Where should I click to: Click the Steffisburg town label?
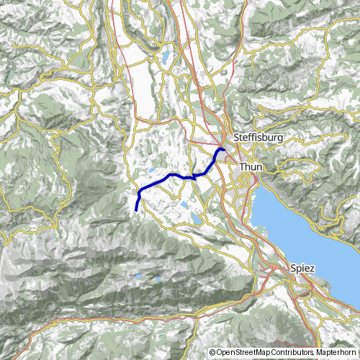tap(254, 136)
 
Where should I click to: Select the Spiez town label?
tap(304, 268)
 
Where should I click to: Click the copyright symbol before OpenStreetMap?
tap(213, 353)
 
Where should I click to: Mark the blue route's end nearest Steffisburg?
tap(223, 149)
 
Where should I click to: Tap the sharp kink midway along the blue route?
tap(193, 176)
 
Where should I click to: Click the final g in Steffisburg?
tap(278, 138)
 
